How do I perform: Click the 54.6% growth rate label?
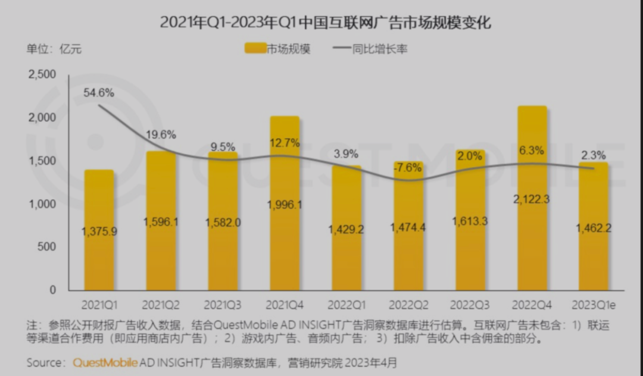pyautogui.click(x=98, y=93)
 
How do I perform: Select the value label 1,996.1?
pyautogui.click(x=285, y=205)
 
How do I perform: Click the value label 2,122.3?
pyautogui.click(x=532, y=199)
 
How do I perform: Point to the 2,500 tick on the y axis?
pyautogui.click(x=42, y=74)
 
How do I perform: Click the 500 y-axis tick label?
pyautogui.click(x=46, y=247)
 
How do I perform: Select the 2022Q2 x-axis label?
pyautogui.click(x=408, y=305)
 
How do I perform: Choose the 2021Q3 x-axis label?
pyautogui.click(x=223, y=305)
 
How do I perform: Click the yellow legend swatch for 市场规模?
pyautogui.click(x=255, y=48)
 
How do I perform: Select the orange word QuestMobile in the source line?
pyautogui.click(x=105, y=362)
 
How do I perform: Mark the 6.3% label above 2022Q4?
pyautogui.click(x=532, y=151)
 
